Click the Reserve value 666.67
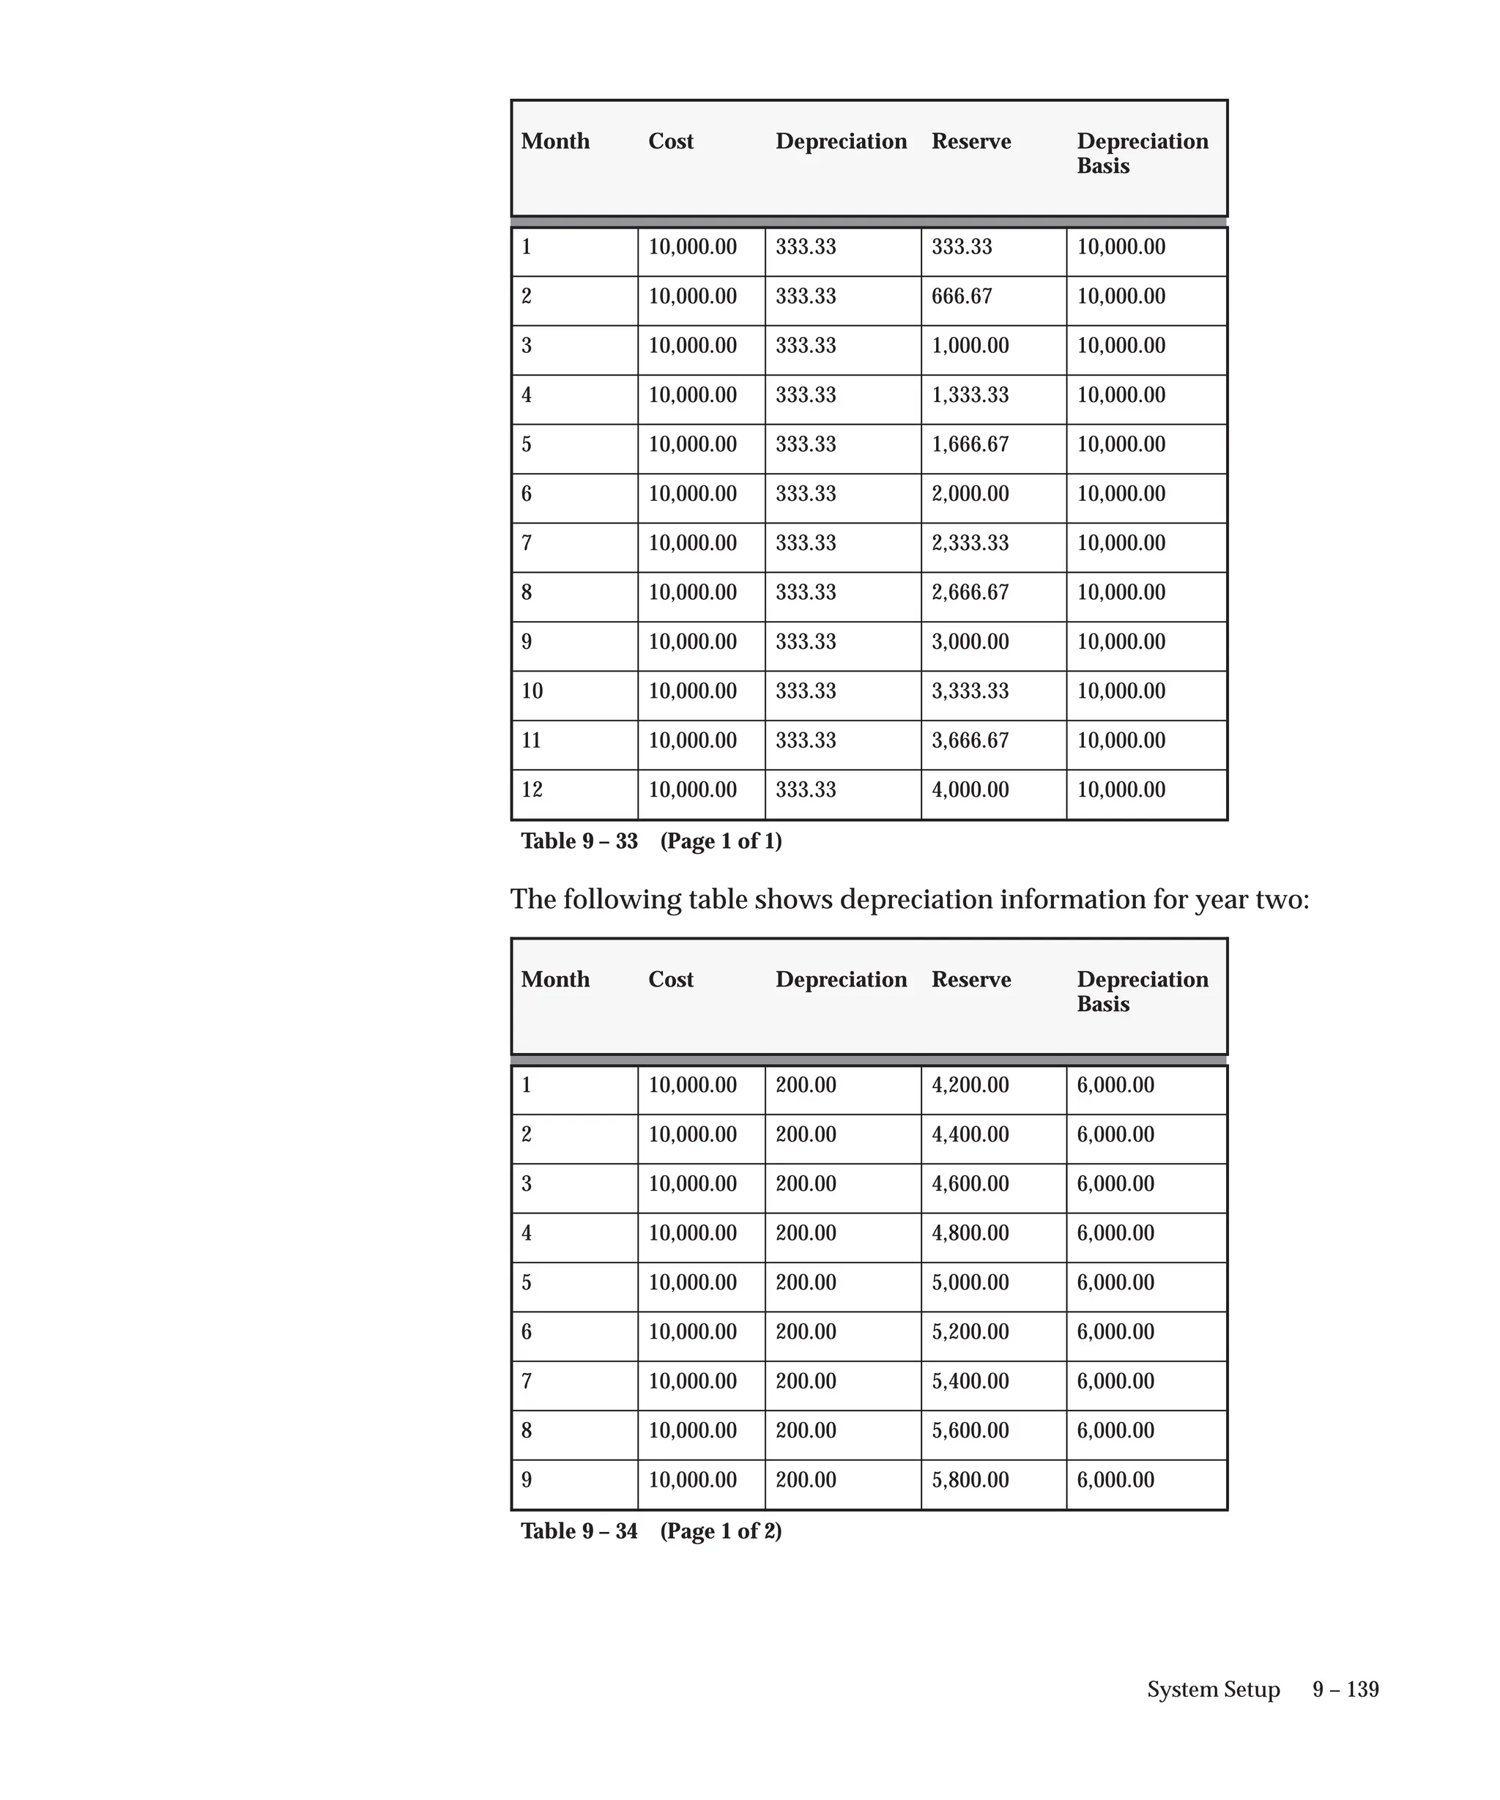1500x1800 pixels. [961, 297]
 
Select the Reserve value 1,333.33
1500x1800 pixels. [970, 395]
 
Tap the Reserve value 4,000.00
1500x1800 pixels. [970, 789]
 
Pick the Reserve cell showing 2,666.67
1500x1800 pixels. [970, 592]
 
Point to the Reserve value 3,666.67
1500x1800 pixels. [970, 740]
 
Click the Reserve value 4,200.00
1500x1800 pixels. [970, 1085]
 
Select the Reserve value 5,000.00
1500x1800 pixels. [970, 1282]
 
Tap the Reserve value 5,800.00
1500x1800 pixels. [970, 1479]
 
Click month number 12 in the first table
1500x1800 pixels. [532, 789]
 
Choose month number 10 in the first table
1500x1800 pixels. [532, 691]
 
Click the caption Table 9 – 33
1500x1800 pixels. [579, 841]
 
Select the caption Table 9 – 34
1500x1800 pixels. [579, 1531]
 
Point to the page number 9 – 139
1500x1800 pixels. [1345, 1689]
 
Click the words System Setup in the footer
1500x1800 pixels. [1213, 1689]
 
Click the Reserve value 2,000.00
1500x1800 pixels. [970, 494]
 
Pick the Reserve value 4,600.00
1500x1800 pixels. [970, 1183]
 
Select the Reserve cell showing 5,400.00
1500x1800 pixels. [970, 1381]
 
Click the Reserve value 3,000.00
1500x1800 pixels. [970, 642]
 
